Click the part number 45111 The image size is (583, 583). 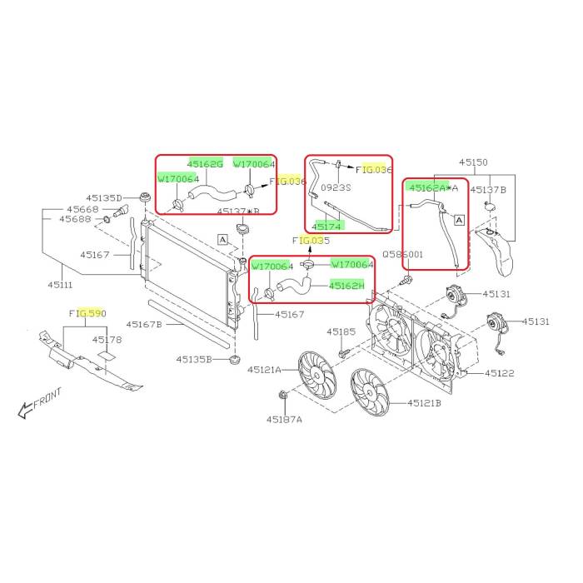(60, 285)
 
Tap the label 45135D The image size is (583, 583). (104, 198)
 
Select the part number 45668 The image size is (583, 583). (82, 209)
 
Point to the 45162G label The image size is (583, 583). (205, 164)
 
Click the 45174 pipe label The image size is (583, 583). (326, 227)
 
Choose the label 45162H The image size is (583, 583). (346, 286)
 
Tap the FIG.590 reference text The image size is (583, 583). (87, 313)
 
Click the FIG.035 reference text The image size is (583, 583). (311, 241)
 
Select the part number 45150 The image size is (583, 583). (473, 162)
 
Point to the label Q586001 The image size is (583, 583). (402, 254)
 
